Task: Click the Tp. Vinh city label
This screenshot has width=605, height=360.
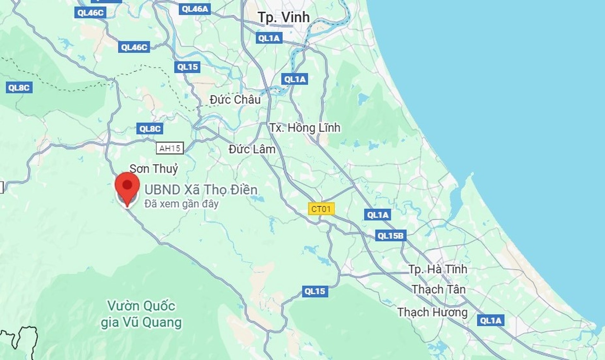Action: click(284, 17)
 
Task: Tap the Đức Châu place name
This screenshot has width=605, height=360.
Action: click(235, 100)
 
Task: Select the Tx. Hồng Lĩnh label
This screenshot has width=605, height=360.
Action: click(305, 128)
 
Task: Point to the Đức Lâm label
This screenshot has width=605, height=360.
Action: click(252, 149)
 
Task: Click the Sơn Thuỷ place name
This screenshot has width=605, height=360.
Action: click(154, 169)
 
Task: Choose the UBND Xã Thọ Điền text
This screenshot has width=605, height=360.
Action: click(201, 190)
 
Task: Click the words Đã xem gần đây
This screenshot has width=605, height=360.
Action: click(181, 204)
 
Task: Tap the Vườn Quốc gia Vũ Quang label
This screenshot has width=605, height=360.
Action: click(141, 314)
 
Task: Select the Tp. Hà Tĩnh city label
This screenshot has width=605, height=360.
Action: click(438, 269)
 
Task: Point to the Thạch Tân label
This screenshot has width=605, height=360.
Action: click(439, 289)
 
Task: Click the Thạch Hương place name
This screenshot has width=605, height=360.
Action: click(432, 312)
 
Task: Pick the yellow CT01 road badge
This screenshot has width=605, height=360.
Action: click(321, 209)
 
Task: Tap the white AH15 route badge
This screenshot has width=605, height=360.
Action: click(170, 148)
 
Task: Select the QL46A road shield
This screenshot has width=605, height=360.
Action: click(195, 9)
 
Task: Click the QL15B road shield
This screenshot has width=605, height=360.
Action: click(390, 236)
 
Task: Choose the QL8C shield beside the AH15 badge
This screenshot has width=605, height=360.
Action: click(150, 129)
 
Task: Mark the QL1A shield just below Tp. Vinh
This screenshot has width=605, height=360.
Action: click(269, 38)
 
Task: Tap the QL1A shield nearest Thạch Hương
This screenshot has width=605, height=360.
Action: click(490, 321)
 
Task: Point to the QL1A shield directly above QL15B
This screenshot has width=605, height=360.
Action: click(377, 215)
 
